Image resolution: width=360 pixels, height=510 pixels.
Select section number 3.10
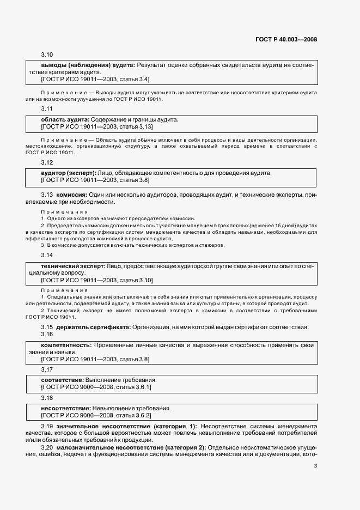[x=47, y=55]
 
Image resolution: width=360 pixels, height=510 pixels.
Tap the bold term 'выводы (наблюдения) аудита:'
[x=88, y=65]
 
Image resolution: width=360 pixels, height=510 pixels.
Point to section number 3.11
[x=47, y=109]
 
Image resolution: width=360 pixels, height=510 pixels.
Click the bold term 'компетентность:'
[x=66, y=345]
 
